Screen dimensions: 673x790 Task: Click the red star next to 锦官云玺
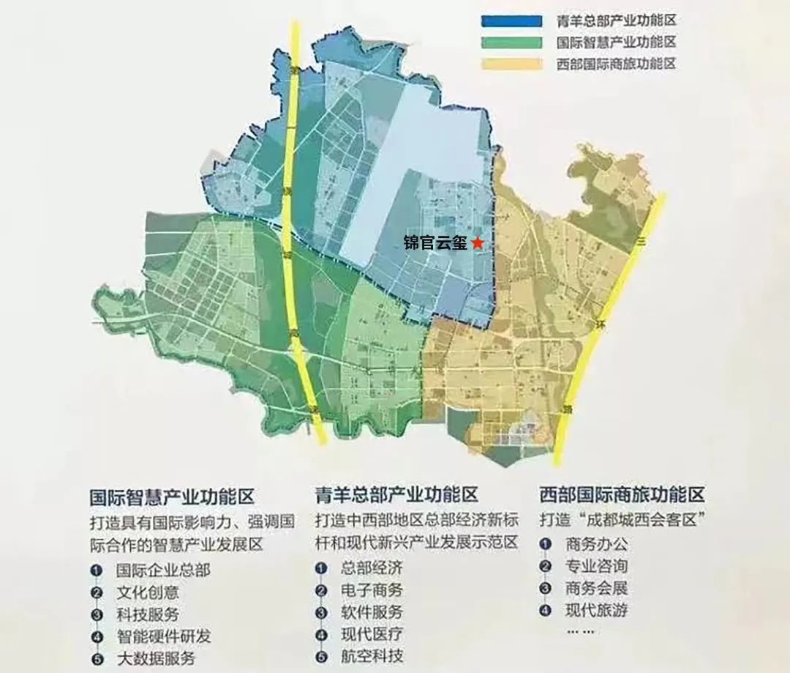click(477, 242)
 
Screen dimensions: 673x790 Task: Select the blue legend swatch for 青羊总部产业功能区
click(511, 21)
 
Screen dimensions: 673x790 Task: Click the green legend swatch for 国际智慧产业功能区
click(511, 42)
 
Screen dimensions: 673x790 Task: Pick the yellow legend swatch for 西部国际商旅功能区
click(511, 64)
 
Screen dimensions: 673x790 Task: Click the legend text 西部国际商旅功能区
click(616, 64)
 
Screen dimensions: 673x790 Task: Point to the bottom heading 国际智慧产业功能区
click(171, 497)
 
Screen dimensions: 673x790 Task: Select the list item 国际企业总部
click(163, 570)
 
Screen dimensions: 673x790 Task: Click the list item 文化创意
click(147, 592)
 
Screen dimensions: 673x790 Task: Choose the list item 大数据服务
click(155, 658)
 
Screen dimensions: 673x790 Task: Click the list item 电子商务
click(372, 590)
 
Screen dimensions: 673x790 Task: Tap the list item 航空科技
click(372, 656)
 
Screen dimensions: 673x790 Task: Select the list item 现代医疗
click(372, 634)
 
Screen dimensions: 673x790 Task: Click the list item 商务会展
click(596, 587)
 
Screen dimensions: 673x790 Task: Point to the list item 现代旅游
click(596, 609)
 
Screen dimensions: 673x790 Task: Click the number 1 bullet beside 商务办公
click(544, 544)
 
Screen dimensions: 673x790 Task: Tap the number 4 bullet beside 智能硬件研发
click(97, 637)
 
